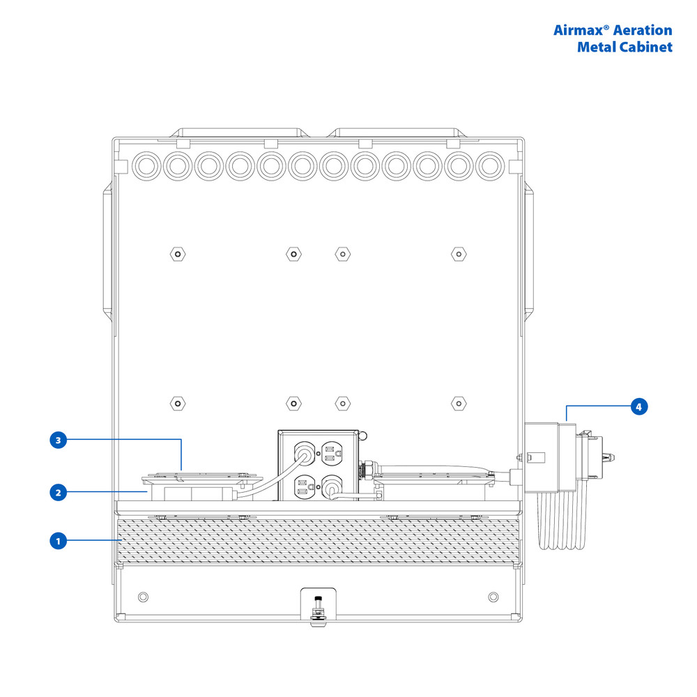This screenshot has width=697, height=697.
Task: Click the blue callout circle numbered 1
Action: pyautogui.click(x=59, y=540)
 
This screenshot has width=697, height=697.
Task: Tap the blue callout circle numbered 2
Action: pyautogui.click(x=59, y=492)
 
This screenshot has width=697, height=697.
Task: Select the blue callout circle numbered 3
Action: pyautogui.click(x=59, y=440)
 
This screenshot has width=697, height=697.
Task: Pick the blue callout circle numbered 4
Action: pyautogui.click(x=638, y=406)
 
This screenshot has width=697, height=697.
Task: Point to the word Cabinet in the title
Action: pyautogui.click(x=646, y=47)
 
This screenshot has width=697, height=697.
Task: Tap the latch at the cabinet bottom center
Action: pyautogui.click(x=318, y=605)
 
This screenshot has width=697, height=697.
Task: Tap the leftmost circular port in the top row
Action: pyautogui.click(x=146, y=166)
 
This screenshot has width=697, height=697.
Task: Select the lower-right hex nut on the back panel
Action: pyautogui.click(x=457, y=403)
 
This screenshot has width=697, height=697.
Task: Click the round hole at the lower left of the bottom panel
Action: pyautogui.click(x=144, y=597)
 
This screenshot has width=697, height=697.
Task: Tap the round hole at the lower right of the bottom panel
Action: pyautogui.click(x=493, y=597)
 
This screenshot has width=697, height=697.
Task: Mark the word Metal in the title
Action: pyautogui.click(x=597, y=47)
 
